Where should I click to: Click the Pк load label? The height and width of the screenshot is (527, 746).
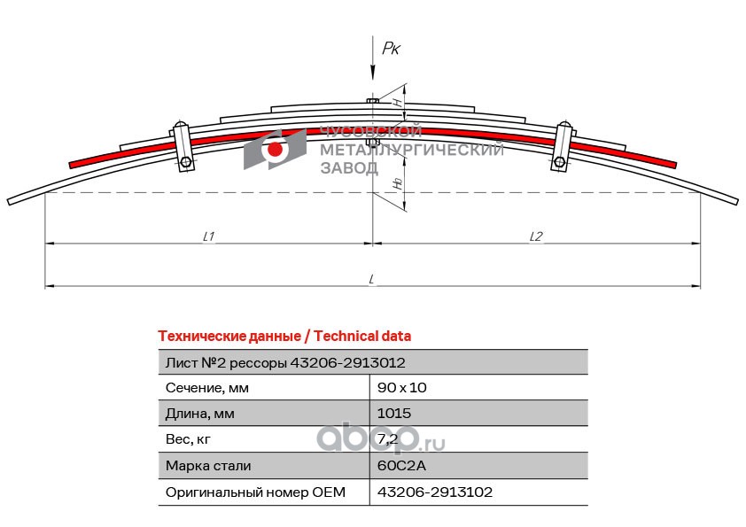pyautogui.click(x=391, y=49)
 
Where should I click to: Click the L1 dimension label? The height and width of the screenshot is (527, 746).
pyautogui.click(x=210, y=236)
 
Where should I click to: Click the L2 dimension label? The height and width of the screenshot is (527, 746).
pyautogui.click(x=536, y=236)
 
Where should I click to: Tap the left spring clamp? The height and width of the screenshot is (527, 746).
pyautogui.click(x=183, y=144)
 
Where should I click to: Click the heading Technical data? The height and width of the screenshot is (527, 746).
pyautogui.click(x=361, y=337)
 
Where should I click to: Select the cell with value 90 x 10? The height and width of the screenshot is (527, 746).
pyautogui.click(x=402, y=388)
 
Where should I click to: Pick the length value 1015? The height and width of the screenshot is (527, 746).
pyautogui.click(x=394, y=414)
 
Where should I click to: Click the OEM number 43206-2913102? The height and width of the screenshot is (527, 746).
pyautogui.click(x=435, y=492)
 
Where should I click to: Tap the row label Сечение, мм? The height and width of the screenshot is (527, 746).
pyautogui.click(x=207, y=388)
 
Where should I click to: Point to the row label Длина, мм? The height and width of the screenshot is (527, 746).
pyautogui.click(x=200, y=414)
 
